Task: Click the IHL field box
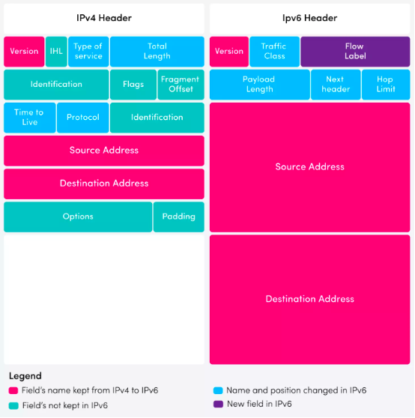click(x=56, y=52)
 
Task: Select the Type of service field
click(x=88, y=52)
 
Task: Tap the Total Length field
click(x=157, y=52)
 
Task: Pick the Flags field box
click(x=133, y=85)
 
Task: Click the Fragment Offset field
click(x=181, y=85)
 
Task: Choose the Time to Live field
click(x=29, y=118)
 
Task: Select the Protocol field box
click(x=83, y=118)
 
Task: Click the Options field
click(x=78, y=216)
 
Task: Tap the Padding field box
click(x=179, y=216)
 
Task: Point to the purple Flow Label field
click(x=355, y=52)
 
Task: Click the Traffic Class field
click(x=274, y=52)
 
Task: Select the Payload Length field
click(x=260, y=85)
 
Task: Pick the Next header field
click(x=336, y=85)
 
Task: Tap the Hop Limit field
click(x=386, y=85)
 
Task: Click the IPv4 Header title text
click(x=104, y=18)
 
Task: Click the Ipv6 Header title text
click(x=309, y=18)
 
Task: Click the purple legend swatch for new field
click(x=218, y=404)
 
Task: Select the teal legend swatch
click(x=13, y=406)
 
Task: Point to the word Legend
click(x=25, y=376)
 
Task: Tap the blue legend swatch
click(x=218, y=391)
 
